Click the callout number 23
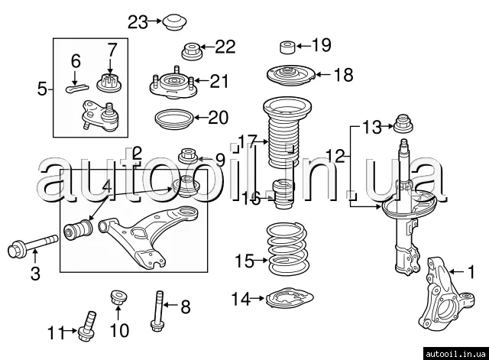pyautogui.click(x=138, y=21)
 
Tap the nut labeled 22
pyautogui.click(x=191, y=53)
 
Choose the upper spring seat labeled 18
pyautogui.click(x=289, y=76)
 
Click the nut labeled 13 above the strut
pyautogui.click(x=403, y=123)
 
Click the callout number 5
pyautogui.click(x=42, y=89)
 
